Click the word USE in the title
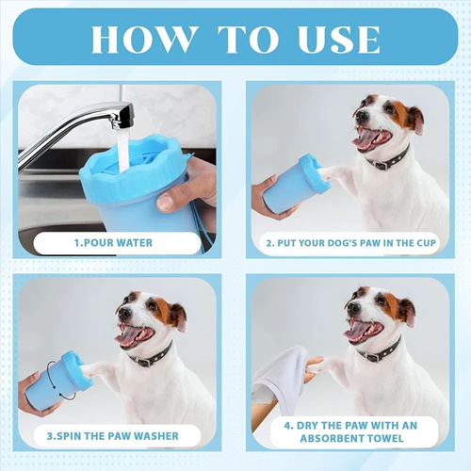pos(339,40)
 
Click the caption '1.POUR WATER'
pos(113,243)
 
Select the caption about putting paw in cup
pos(350,243)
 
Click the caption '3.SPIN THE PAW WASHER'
pos(113,436)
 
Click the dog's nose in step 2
pos(362,117)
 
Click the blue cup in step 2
pos(295,187)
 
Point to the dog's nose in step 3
pos(124,312)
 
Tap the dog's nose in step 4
pos(353,308)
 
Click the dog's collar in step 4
pos(381,351)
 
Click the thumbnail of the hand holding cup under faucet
pos(117,170)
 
